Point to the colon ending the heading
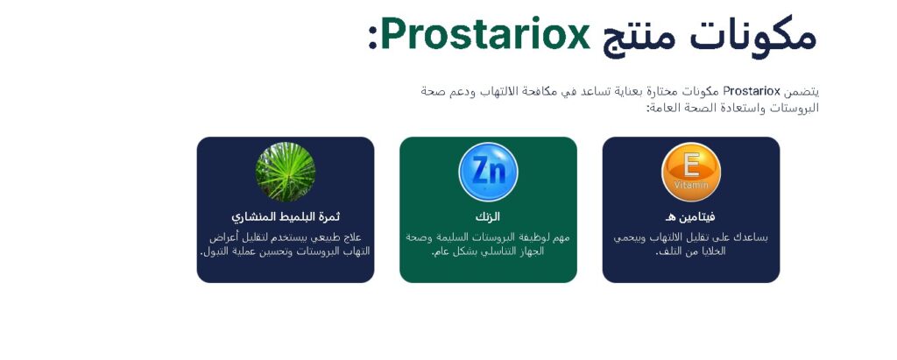pos(373,39)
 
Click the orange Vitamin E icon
pos(691,172)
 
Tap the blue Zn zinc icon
pos(488,172)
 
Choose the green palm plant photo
pos(286,172)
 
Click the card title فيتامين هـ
pos(690,217)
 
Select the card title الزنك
pos(488,217)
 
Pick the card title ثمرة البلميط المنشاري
pos(286,217)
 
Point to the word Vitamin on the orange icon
pos(691,185)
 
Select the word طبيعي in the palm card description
pos(321,237)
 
